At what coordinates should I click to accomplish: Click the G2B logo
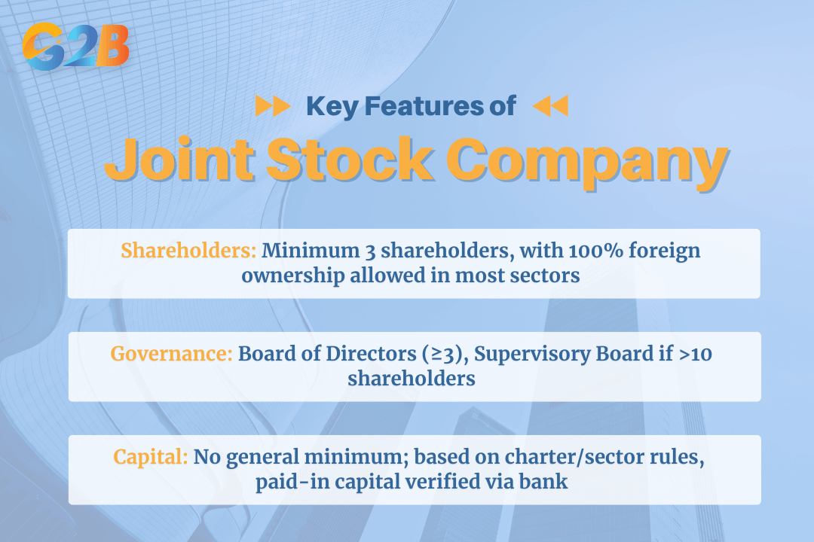pos(76,47)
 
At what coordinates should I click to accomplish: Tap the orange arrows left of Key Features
pos(273,106)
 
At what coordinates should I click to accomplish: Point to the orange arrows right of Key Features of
pos(551,106)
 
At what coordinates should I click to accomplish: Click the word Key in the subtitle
pos(332,107)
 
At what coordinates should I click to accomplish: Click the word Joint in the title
pos(179,159)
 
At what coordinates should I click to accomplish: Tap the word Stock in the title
pos(350,159)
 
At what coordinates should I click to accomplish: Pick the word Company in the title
pos(587,162)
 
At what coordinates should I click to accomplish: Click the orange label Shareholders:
pos(189,251)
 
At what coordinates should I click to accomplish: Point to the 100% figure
pos(596,251)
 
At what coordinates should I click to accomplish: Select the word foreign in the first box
pos(665,251)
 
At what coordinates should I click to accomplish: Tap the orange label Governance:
pos(171,354)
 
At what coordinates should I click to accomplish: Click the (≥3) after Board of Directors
pos(445,355)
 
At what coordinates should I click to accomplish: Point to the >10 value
pos(696,355)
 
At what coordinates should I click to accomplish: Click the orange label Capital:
pos(151,458)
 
